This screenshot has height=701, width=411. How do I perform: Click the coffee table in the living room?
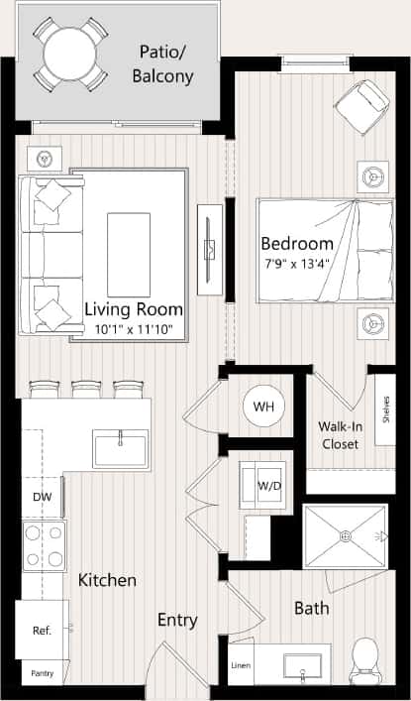[129, 240]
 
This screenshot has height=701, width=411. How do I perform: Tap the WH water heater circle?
[264, 407]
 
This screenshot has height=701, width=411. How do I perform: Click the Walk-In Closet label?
[338, 435]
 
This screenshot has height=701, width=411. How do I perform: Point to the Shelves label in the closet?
[384, 408]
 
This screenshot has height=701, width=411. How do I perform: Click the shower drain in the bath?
[345, 535]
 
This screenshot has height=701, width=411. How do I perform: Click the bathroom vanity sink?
[304, 665]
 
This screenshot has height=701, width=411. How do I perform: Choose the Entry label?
[177, 621]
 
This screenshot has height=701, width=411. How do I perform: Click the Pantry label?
[42, 673]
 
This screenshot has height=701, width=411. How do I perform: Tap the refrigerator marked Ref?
[42, 630]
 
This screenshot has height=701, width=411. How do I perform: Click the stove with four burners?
[45, 544]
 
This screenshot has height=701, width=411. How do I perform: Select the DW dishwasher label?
[42, 497]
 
